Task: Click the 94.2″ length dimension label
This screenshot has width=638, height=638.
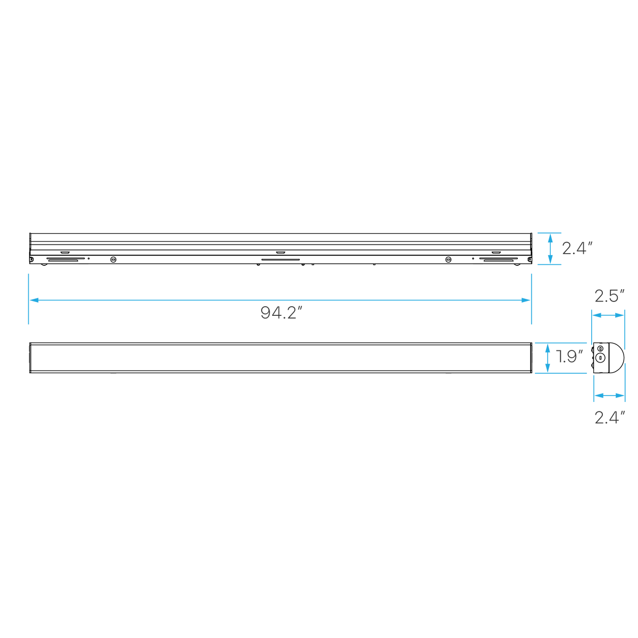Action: (x=281, y=313)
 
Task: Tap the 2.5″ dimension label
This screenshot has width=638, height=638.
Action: (x=609, y=296)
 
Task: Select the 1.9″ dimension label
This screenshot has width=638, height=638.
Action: (x=569, y=356)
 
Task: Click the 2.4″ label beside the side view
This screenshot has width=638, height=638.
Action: (x=577, y=248)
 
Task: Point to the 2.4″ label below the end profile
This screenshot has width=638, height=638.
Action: (x=609, y=417)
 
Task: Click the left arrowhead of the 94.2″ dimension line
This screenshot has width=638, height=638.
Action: (x=34, y=300)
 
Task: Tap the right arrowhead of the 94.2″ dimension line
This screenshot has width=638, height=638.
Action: (x=526, y=300)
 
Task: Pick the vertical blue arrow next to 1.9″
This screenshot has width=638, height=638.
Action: (x=547, y=358)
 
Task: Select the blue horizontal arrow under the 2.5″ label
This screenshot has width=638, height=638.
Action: (x=608, y=315)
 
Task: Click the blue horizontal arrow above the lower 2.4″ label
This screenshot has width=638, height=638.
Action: (x=609, y=396)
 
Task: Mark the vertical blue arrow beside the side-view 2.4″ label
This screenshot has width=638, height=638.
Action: (x=550, y=249)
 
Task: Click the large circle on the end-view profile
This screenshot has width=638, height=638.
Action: (x=600, y=358)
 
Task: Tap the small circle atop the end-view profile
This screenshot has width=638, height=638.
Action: (x=600, y=348)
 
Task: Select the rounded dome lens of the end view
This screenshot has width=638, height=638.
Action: (x=617, y=358)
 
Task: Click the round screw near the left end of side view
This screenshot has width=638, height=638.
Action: (x=113, y=259)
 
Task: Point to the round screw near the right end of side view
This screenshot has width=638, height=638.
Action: (x=448, y=259)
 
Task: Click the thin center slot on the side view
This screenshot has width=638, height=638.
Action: (x=280, y=259)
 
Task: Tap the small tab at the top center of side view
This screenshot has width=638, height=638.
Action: (x=280, y=253)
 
